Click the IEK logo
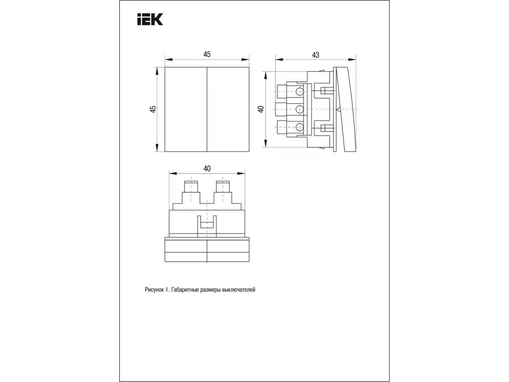(x=150, y=19)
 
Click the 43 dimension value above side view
(x=316, y=55)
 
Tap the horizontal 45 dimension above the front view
(x=207, y=54)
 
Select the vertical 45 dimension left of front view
(x=153, y=109)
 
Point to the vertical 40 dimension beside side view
(x=261, y=109)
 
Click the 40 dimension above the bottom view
(x=207, y=169)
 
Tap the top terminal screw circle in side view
(x=299, y=91)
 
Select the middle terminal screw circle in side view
(x=299, y=109)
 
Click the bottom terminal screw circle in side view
(x=299, y=127)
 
